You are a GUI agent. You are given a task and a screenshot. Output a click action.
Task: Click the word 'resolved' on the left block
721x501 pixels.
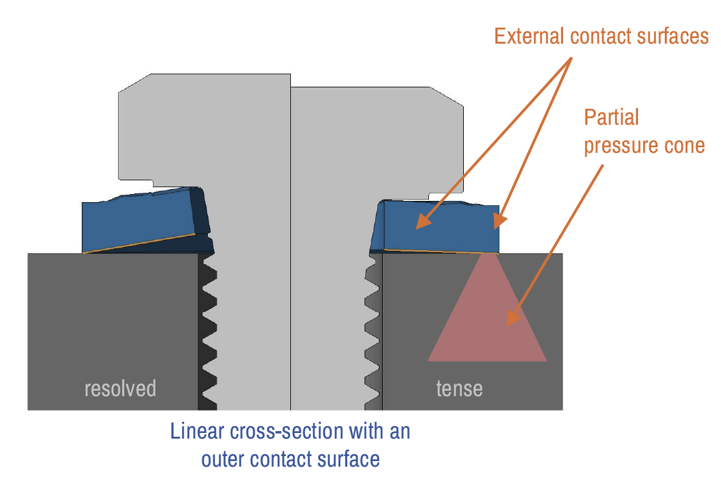(120, 389)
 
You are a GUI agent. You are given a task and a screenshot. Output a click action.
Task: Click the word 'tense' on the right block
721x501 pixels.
(459, 389)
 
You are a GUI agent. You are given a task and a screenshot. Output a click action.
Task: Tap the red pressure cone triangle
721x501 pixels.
(488, 317)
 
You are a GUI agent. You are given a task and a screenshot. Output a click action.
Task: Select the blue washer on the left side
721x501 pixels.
(147, 221)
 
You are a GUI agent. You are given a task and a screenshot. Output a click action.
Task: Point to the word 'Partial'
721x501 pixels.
(611, 117)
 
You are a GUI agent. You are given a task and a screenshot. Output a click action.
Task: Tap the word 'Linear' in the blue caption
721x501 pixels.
(197, 431)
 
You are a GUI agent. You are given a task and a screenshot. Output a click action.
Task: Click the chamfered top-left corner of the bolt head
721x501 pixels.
(134, 83)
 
